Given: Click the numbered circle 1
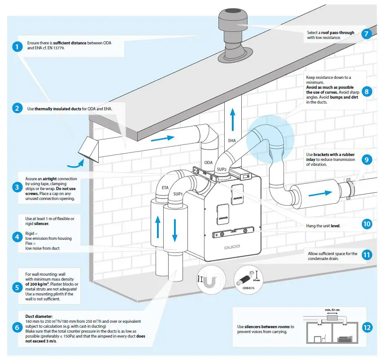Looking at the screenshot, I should coord(17,46).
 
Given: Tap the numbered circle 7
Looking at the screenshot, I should coord(367,34).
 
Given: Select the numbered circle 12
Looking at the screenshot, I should coord(367,327).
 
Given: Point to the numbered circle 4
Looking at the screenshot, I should coord(17,237).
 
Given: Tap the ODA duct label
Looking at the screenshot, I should coord(209,163).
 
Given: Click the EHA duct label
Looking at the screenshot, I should coord(232,141).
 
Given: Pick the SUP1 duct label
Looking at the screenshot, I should coord(177,194).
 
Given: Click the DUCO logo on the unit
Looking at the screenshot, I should coord(232,247).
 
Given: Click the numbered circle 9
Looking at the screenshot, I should coord(367,159).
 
